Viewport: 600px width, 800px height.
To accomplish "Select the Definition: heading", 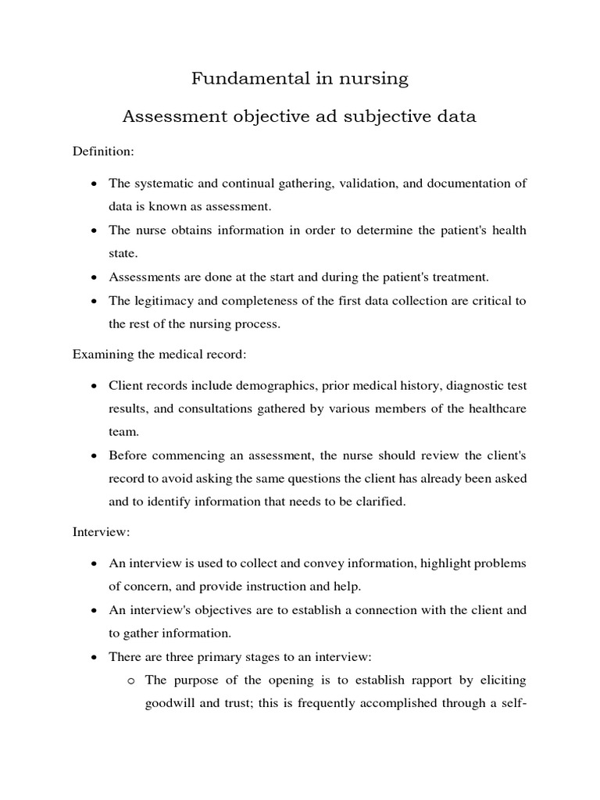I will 103,149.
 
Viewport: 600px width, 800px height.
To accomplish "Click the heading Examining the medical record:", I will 159,355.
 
